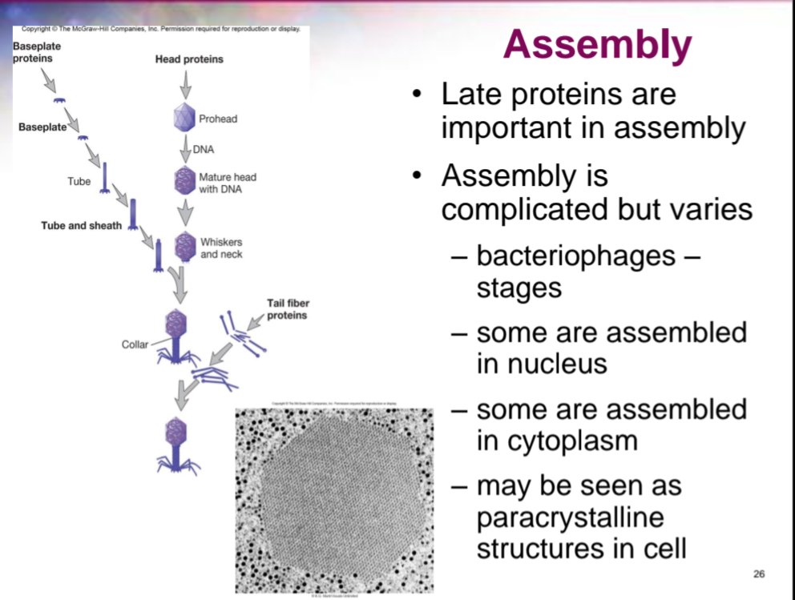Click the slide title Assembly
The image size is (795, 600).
[598, 46]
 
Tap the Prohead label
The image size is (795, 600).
[218, 119]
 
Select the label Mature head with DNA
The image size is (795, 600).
[227, 183]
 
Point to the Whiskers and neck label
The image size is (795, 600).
[221, 248]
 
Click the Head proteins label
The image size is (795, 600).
[189, 59]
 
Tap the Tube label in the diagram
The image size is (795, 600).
[79, 182]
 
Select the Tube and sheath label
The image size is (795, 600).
[82, 226]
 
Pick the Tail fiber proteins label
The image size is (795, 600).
[286, 309]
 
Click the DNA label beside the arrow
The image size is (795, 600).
[203, 149]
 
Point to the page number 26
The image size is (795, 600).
[760, 574]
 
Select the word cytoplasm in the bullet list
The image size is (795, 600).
[546, 441]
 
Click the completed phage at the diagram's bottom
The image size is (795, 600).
[175, 442]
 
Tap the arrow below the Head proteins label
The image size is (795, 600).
[186, 83]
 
